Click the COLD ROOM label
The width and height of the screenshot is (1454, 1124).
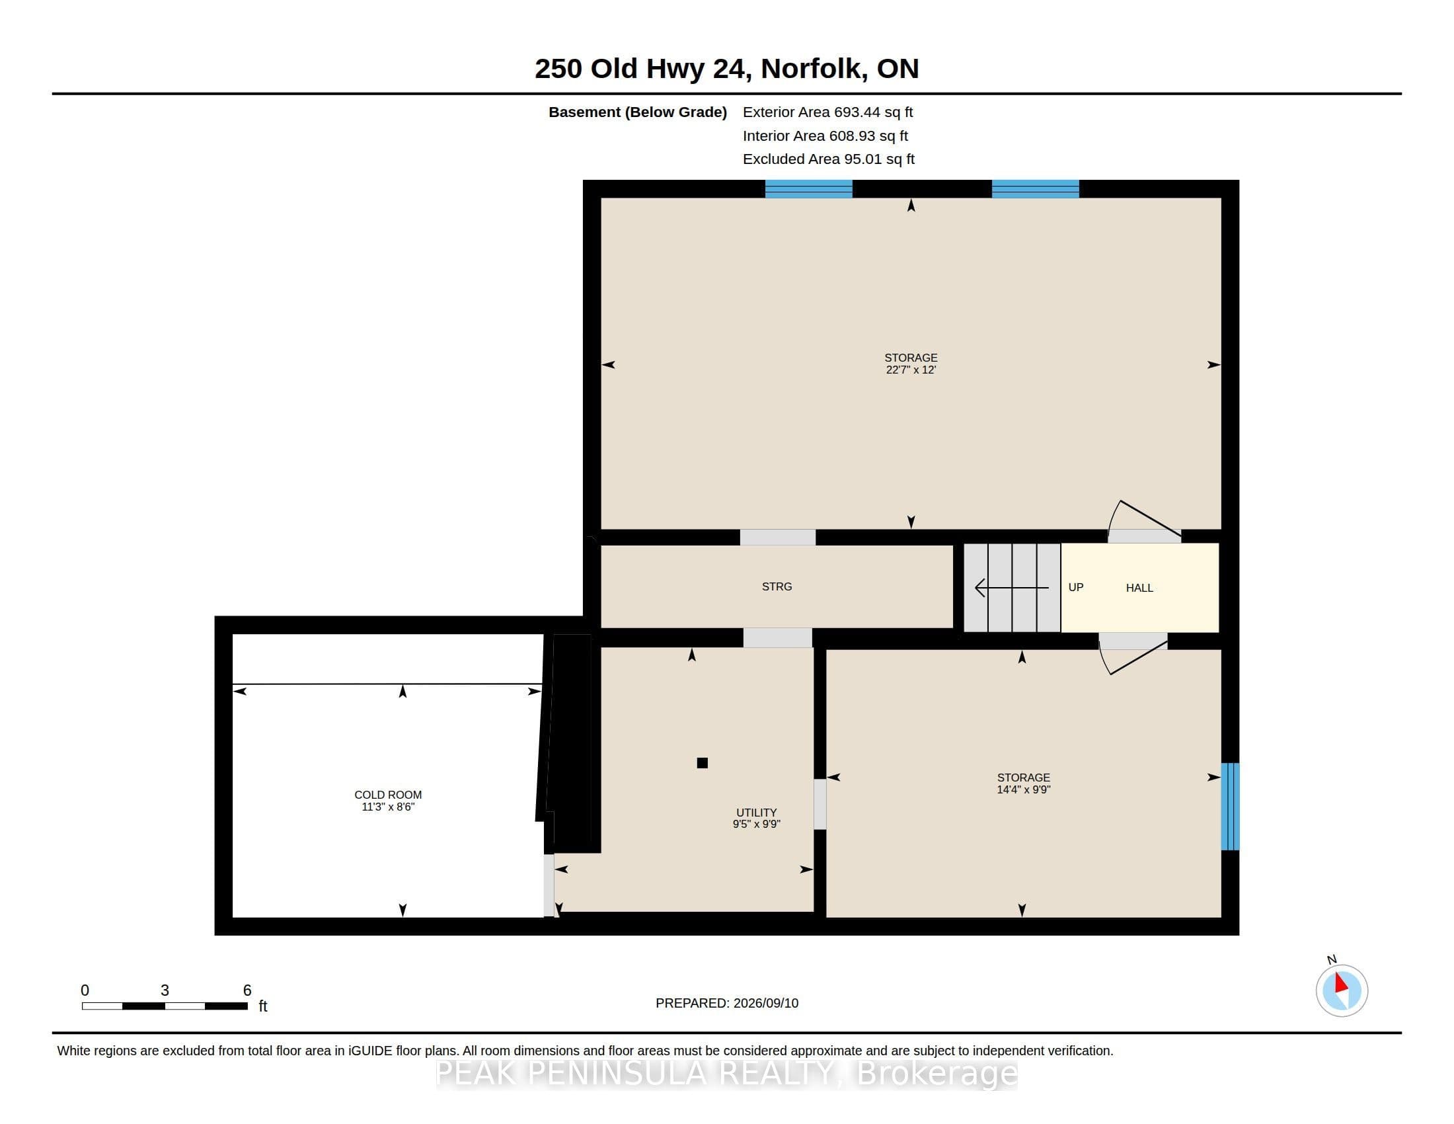(x=387, y=794)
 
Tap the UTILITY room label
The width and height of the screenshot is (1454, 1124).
(x=756, y=813)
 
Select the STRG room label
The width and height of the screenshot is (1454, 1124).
(x=777, y=586)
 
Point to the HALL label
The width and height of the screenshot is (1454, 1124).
(x=1139, y=588)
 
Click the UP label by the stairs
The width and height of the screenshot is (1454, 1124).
(x=1076, y=587)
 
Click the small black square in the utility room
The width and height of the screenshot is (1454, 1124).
(x=703, y=763)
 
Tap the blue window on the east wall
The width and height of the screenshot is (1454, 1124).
(x=1231, y=807)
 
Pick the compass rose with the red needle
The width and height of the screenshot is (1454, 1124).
(x=1342, y=990)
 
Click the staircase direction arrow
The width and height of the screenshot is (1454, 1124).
(x=1012, y=587)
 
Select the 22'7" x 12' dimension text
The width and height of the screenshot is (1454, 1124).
(x=911, y=370)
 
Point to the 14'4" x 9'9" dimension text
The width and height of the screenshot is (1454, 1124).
(x=1023, y=789)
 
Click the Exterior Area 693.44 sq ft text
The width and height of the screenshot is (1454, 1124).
(x=827, y=112)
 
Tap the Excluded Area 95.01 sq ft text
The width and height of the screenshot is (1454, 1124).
(x=829, y=159)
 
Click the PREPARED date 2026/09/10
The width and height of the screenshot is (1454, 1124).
(x=727, y=1003)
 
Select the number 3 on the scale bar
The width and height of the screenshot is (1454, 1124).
(x=165, y=990)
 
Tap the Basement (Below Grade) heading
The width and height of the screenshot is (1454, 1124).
(x=638, y=112)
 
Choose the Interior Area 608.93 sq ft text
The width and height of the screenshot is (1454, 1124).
(x=825, y=136)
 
